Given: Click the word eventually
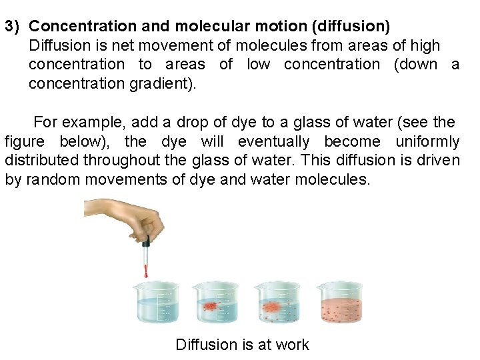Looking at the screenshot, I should point(273,141).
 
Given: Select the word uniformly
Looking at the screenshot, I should point(427,141).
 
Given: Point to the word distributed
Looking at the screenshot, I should point(41,161).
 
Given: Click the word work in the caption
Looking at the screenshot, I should point(293,345).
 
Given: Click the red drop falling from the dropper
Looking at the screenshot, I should point(145,271).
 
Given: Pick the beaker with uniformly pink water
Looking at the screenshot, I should point(340,303).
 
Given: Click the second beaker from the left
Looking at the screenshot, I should point(215,303).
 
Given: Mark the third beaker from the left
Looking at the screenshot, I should point(278,303).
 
